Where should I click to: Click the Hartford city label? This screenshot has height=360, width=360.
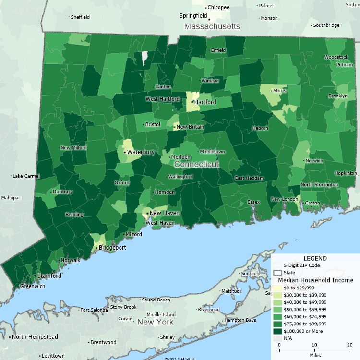[205, 102]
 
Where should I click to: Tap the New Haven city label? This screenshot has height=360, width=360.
[161, 213]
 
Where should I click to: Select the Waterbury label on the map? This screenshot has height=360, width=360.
[141, 152]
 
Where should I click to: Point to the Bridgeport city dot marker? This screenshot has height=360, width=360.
[96, 248]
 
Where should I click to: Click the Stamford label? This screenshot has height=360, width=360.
[49, 276]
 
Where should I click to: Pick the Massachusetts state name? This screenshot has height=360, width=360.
[212, 26]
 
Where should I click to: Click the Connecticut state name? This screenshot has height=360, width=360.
[196, 164]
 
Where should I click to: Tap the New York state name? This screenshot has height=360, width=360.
[155, 322]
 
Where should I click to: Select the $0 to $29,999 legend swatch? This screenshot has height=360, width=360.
[277, 288]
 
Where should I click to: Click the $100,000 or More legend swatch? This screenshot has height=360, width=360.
[277, 331]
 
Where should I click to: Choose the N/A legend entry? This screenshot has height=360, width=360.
[288, 338]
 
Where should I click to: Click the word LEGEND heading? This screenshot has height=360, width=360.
[315, 258]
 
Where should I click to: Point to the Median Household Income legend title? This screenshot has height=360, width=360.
[315, 280]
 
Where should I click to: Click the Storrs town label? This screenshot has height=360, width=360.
[279, 90]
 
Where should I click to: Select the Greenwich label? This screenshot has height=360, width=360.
[33, 286]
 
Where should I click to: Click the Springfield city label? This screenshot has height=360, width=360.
[193, 16]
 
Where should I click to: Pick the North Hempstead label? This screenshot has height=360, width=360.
[35, 337]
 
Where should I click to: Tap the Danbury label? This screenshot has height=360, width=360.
[62, 192]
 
